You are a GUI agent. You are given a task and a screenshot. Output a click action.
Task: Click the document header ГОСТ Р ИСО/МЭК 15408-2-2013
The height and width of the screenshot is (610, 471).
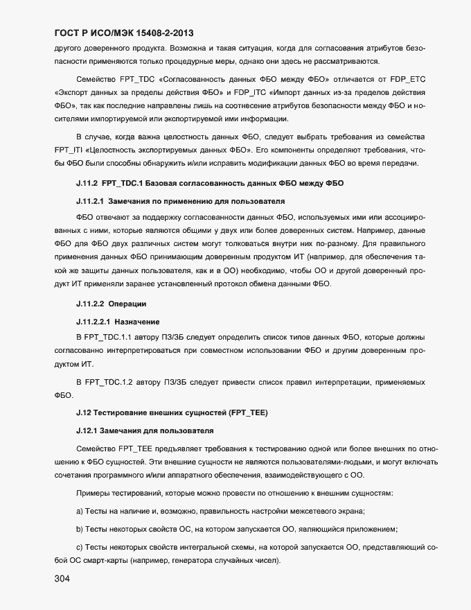click(123, 33)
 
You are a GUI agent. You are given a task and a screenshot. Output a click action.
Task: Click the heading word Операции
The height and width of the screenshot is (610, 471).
click(142, 304)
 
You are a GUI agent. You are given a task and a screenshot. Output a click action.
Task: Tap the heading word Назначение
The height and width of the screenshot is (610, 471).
click(143, 321)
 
